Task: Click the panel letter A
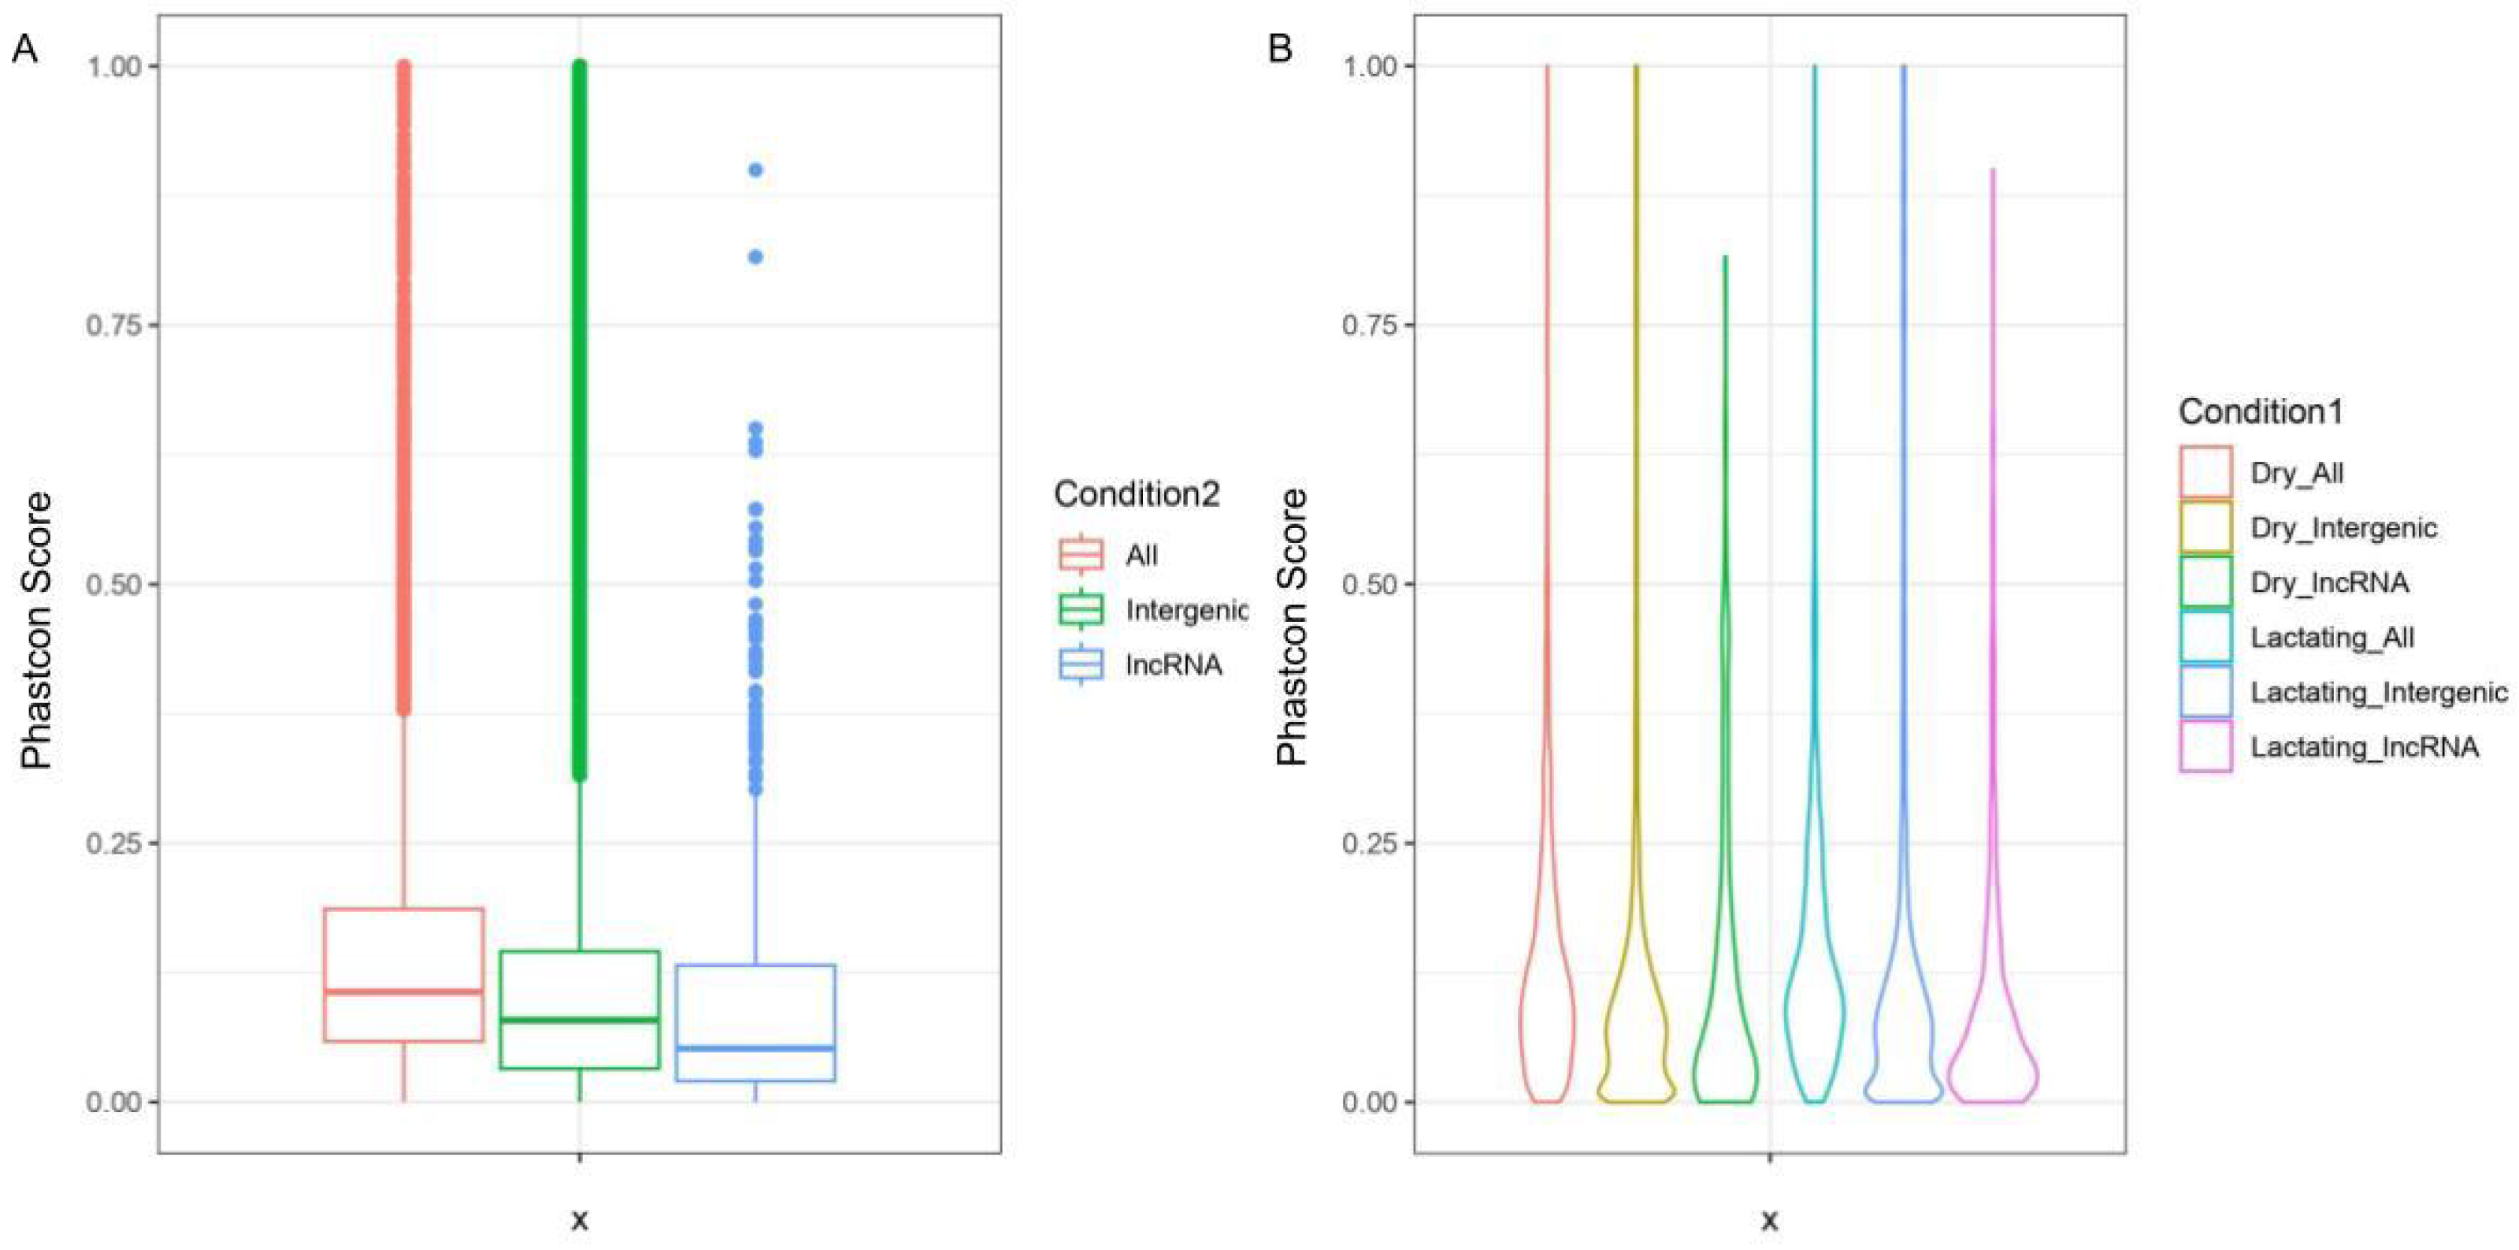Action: click(x=24, y=48)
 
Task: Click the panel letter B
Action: click(x=1280, y=48)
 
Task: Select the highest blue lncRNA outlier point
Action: click(x=755, y=170)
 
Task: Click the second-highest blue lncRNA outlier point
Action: click(x=755, y=257)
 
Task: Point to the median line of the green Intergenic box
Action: click(x=579, y=1020)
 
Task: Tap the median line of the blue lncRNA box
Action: click(x=755, y=1048)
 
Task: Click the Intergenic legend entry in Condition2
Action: click(x=1185, y=610)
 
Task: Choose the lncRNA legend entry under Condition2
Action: click(x=1174, y=665)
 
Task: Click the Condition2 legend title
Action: click(x=1137, y=494)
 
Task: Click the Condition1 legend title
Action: click(x=2261, y=411)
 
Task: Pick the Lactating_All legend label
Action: click(x=2332, y=638)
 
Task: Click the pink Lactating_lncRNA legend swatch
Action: click(x=2205, y=747)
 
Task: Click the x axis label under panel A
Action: click(x=580, y=1220)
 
